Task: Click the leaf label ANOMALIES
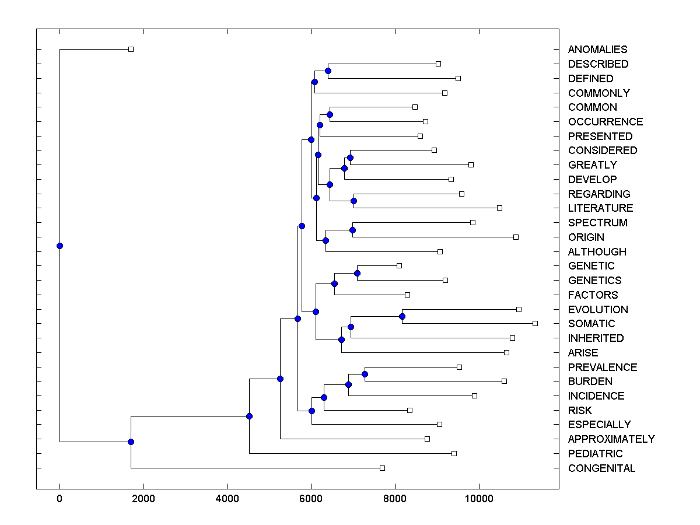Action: pos(597,50)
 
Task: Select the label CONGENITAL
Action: pos(601,468)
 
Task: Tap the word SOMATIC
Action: pos(591,324)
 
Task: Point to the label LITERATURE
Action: pos(600,208)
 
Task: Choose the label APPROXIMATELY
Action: pos(611,439)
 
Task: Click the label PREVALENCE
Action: pos(603,367)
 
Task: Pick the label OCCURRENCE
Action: pos(605,122)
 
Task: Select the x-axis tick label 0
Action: pos(60,499)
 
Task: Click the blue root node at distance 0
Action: pos(60,246)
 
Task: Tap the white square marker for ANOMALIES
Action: pos(131,49)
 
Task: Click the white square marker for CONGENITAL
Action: pos(382,468)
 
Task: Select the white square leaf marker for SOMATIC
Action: pos(535,323)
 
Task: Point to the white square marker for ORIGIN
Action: pos(516,237)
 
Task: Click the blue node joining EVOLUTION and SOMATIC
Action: pos(402,316)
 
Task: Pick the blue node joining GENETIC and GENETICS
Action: pos(357,273)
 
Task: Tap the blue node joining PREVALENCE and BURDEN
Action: pos(365,374)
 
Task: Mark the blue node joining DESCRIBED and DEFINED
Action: pos(328,71)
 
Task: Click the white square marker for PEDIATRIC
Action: pos(454,453)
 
